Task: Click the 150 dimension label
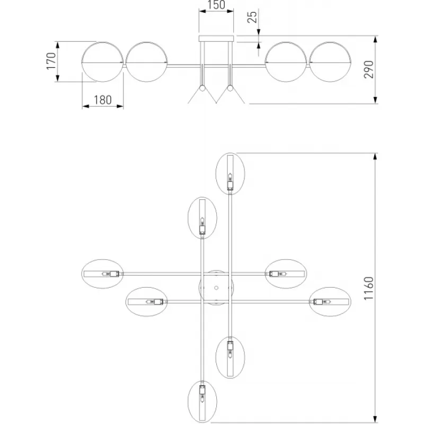coord(216,6)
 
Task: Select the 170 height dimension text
coord(51,61)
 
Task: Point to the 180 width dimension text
coord(103,99)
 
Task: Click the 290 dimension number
coord(369,70)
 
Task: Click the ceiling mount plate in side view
coord(216,39)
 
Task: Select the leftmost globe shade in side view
coord(103,62)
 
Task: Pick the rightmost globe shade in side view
coord(329,62)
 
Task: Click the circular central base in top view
coord(216,288)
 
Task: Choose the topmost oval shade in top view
coord(230,173)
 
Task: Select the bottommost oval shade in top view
coord(202,402)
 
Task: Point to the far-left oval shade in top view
coord(103,273)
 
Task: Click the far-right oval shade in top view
coord(329,302)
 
